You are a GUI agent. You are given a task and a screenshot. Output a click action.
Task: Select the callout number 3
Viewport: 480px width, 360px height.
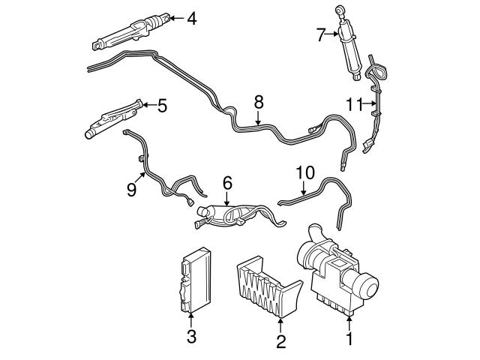pyautogui.click(x=191, y=337)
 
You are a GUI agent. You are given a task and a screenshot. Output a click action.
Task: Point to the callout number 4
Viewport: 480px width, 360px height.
pyautogui.click(x=192, y=17)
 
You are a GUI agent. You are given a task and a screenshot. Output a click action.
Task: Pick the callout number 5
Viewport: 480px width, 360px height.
pyautogui.click(x=162, y=105)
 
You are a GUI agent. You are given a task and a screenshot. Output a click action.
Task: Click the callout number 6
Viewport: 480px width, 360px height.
pyautogui.click(x=227, y=182)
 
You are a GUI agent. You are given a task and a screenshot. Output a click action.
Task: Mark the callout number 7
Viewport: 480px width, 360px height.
pyautogui.click(x=320, y=34)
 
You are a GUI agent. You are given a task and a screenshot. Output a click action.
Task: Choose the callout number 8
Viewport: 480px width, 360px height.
pyautogui.click(x=259, y=100)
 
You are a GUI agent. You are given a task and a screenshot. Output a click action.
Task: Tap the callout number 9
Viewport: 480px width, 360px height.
pyautogui.click(x=130, y=190)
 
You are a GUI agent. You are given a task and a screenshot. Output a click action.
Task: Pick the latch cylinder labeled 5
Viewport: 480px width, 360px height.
pyautogui.click(x=112, y=119)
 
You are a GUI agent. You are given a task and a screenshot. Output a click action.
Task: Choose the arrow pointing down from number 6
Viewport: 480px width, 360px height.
pyautogui.click(x=227, y=196)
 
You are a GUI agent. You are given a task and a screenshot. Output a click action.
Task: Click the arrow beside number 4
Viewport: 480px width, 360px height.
pyautogui.click(x=175, y=17)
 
